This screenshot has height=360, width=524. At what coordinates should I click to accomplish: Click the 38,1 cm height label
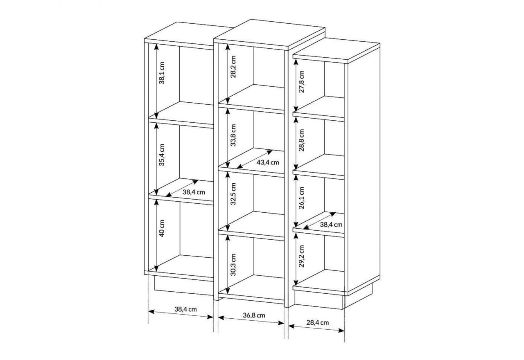(162, 73)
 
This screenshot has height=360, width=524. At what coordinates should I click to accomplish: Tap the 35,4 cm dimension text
(162, 155)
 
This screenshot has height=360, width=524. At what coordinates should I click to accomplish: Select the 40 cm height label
(162, 228)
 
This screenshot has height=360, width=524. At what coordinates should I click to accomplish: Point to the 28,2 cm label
(233, 67)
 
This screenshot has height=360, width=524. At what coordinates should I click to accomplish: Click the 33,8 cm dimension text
(233, 135)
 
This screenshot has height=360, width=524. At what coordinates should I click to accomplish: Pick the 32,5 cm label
(233, 194)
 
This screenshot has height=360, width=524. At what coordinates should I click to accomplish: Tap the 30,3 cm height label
(233, 265)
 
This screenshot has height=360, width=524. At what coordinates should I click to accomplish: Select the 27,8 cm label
(302, 81)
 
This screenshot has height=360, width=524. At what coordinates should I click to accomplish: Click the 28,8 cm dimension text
(302, 140)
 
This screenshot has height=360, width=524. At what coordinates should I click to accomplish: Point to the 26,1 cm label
(302, 198)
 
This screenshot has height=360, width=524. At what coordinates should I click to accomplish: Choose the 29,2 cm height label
(302, 256)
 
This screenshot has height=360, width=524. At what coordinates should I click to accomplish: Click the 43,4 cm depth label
(268, 162)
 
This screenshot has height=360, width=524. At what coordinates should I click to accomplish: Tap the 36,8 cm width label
(254, 315)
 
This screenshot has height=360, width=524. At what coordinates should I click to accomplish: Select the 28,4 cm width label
(318, 323)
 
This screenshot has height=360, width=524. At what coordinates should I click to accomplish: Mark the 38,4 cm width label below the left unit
(185, 309)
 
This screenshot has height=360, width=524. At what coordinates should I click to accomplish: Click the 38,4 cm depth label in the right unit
(331, 225)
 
